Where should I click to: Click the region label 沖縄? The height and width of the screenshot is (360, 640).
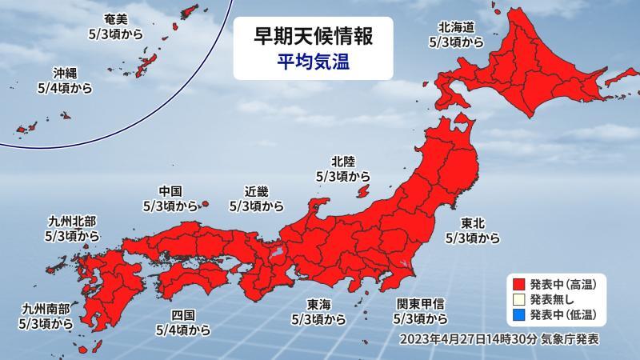point(65,70)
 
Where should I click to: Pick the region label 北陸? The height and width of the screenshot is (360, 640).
point(342,160)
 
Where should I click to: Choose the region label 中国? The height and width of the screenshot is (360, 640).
point(171,191)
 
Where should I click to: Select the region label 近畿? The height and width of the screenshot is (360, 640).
point(256,191)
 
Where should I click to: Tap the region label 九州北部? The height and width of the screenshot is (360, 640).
point(74,221)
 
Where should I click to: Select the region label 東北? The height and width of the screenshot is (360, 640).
point(474,223)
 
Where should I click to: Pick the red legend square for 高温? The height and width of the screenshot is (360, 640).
point(518,283)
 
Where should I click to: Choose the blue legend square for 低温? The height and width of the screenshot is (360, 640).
point(518,314)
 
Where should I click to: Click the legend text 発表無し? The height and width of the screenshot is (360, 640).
point(551,298)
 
